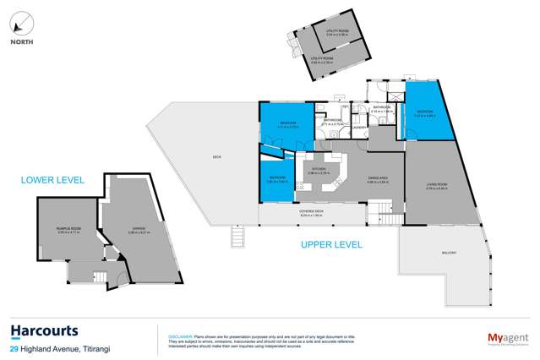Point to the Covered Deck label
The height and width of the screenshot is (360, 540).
pos(309,215)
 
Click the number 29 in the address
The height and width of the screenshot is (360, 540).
pos(14,349)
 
